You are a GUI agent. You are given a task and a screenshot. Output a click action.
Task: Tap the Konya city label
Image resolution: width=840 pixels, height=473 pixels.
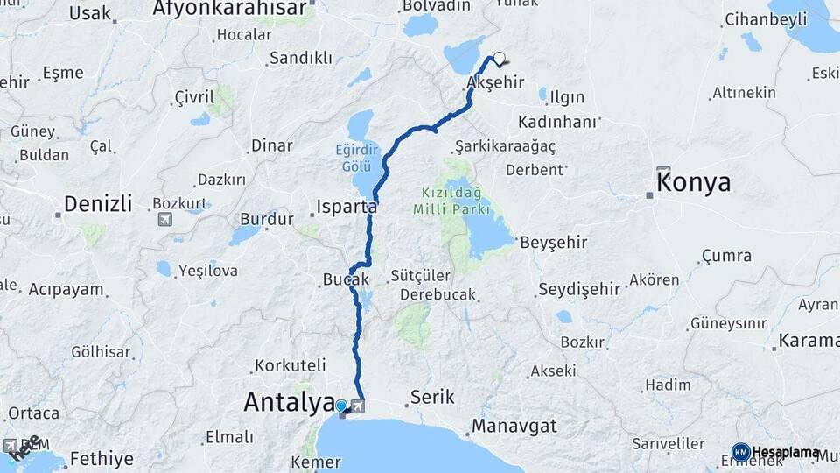click(693, 183)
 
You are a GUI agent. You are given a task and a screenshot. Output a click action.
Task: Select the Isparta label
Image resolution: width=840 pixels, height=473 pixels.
click(345, 208)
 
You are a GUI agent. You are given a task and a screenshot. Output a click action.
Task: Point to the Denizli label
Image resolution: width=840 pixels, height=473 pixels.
click(97, 205)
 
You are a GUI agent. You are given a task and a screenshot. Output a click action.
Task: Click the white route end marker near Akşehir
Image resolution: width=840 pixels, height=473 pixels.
click(499, 60)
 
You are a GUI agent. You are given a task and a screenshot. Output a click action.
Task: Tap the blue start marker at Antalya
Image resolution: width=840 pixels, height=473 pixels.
click(340, 406)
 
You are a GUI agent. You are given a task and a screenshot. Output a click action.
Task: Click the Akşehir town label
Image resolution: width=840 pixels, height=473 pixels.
click(495, 82)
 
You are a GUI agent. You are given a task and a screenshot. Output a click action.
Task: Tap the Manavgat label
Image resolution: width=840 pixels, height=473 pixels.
click(514, 427)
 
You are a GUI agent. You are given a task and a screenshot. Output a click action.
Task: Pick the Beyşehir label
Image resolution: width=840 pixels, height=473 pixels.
click(553, 242)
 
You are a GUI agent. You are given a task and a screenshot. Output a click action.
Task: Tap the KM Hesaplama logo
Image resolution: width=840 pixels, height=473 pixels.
click(775, 453)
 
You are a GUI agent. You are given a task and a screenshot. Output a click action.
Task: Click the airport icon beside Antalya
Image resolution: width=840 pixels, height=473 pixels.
click(358, 406)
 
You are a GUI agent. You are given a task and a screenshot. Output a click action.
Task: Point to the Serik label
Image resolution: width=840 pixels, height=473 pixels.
click(432, 397)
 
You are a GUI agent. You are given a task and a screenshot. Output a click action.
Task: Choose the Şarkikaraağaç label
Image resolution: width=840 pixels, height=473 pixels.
click(506, 145)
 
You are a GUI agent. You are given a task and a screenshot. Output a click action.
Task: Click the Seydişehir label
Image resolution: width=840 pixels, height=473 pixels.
click(578, 288)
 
